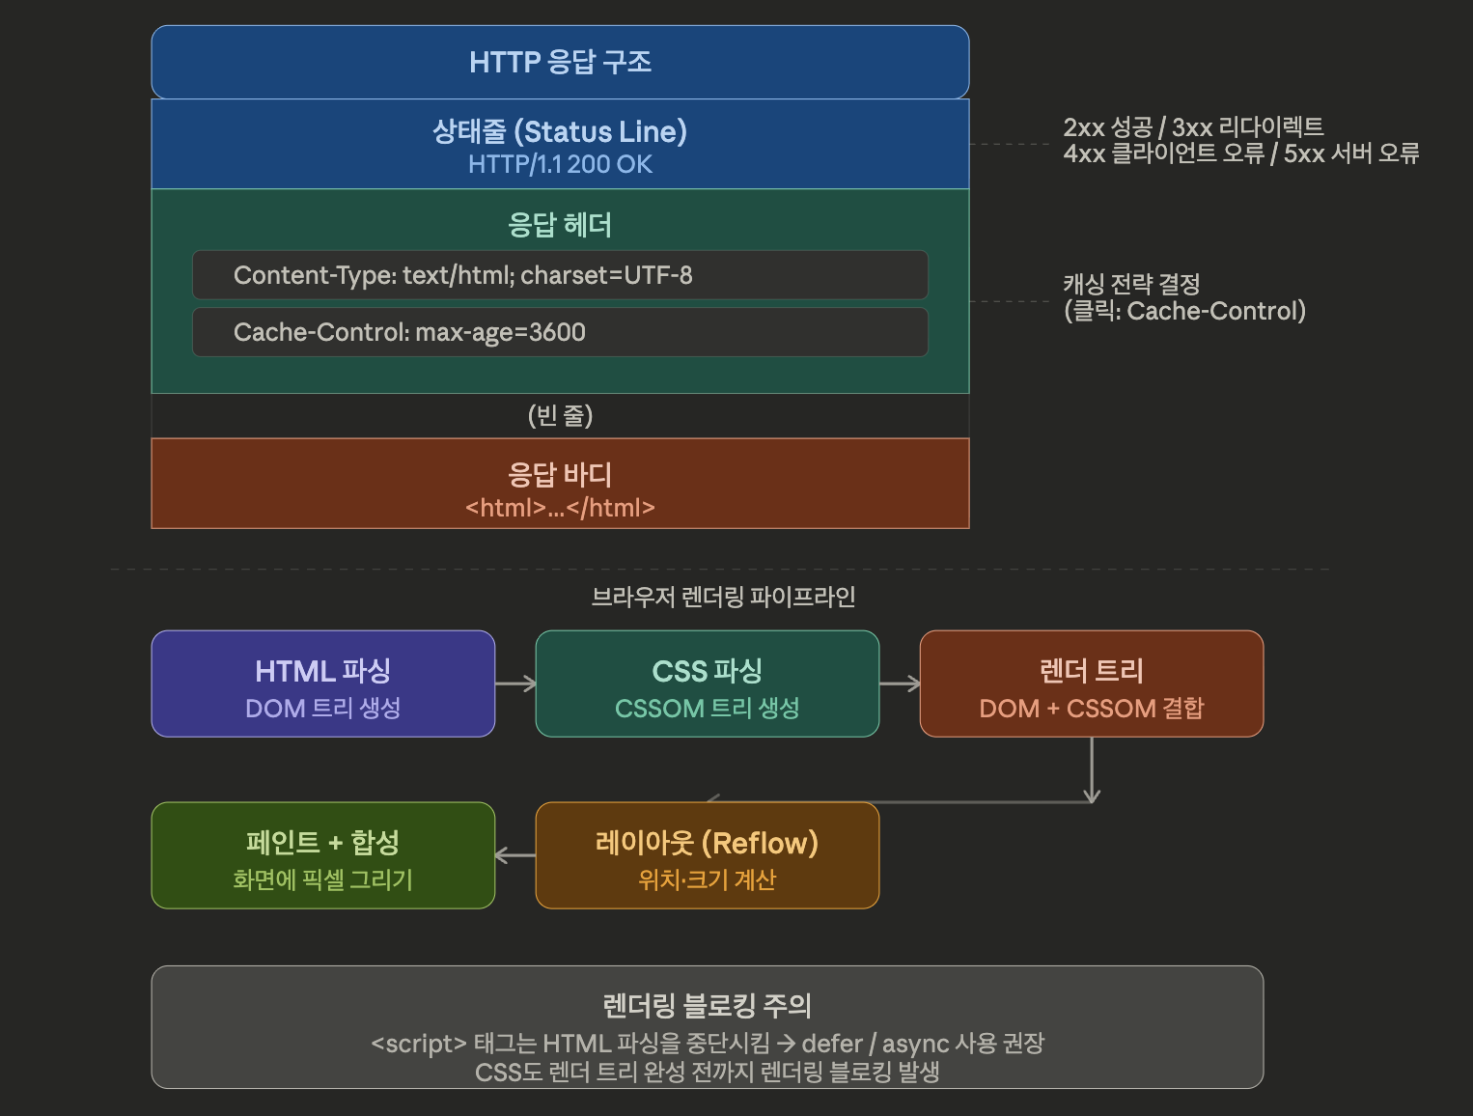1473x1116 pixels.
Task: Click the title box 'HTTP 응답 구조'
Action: coord(560,63)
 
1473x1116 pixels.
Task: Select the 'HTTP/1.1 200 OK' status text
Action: coord(560,164)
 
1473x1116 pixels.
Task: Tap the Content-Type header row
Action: coord(560,275)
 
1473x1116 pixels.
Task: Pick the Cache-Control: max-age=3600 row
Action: coord(560,332)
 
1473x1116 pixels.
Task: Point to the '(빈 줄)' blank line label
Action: coord(560,415)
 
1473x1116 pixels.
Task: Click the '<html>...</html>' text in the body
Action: coord(560,508)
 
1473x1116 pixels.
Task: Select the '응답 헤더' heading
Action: coord(560,225)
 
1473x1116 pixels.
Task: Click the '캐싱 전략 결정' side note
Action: coord(1131,284)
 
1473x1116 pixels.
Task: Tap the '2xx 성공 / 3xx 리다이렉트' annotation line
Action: coord(1193,126)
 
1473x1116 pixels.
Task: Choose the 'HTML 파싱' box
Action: coord(323,684)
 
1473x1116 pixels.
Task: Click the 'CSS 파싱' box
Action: coord(708,684)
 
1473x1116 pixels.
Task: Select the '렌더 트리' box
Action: coord(1092,684)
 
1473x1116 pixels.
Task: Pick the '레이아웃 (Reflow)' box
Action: coord(708,855)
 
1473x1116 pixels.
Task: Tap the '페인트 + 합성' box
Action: coord(323,855)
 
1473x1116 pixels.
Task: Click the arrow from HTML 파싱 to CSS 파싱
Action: coord(515,684)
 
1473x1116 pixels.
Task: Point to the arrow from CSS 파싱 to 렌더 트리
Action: coord(900,684)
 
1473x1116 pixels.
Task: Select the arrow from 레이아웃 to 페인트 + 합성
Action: coord(515,855)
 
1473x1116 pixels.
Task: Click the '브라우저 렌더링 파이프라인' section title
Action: coord(723,597)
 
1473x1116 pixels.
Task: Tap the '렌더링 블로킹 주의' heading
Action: coord(707,1005)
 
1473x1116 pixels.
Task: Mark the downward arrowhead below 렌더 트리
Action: coord(1092,796)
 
